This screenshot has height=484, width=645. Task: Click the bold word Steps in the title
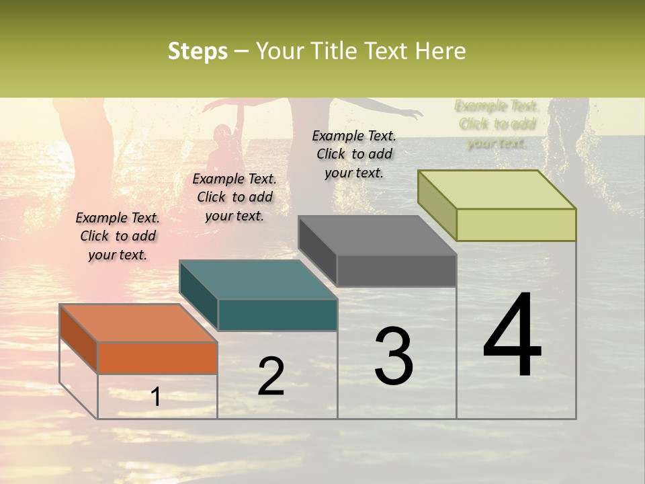pos(198,51)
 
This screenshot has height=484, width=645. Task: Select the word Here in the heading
pos(441,51)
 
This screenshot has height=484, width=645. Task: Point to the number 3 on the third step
pos(394,356)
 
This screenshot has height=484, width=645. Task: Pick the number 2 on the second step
pos(271,376)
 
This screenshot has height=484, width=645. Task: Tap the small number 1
pos(156,397)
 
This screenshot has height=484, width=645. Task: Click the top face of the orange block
pos(138,323)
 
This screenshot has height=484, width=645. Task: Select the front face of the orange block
pos(157,358)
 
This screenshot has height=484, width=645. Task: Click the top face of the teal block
pos(258,279)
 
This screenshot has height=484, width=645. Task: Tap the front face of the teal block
pos(277,315)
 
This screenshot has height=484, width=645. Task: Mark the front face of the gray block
pos(396,270)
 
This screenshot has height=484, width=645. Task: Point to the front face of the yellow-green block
pos(516,225)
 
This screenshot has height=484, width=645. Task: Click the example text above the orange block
pos(118,236)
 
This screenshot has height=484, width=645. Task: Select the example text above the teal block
pos(234,197)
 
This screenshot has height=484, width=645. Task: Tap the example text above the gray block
pos(354,154)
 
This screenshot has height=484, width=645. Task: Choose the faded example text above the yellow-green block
pos(497,124)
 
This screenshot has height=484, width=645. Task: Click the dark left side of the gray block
pos(318,250)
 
